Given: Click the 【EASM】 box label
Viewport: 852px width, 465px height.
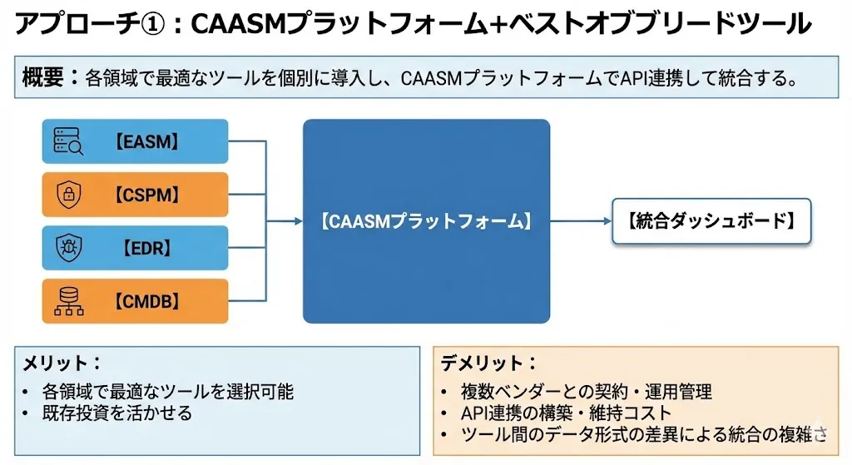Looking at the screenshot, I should tap(146, 141).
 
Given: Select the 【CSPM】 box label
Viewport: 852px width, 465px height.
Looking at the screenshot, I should tap(146, 195).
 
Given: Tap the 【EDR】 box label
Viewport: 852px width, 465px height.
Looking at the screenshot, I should tap(146, 248).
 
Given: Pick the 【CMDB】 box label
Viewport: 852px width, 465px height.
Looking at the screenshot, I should tap(146, 301).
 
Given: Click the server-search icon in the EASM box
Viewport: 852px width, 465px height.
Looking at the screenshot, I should tap(68, 141).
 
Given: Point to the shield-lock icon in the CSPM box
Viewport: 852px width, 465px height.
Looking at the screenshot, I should tap(68, 195).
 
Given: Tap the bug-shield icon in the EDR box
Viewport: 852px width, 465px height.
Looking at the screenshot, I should tap(68, 248).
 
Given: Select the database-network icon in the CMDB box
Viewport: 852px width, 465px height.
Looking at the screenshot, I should tap(68, 301).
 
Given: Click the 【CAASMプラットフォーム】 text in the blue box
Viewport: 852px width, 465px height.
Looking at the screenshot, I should tap(425, 221).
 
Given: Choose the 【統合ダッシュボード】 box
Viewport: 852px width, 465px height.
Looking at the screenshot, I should tap(711, 221).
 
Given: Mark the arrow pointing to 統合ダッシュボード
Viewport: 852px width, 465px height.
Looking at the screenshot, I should tap(604, 221).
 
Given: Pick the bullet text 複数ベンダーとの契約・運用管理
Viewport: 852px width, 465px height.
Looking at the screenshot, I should tap(587, 391).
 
